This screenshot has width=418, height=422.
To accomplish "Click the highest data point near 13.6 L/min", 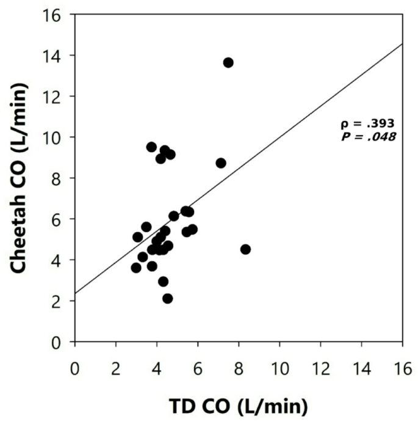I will click(228, 62).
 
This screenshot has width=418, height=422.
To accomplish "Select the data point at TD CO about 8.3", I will click(245, 249).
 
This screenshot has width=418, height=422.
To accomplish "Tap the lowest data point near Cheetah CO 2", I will click(167, 299).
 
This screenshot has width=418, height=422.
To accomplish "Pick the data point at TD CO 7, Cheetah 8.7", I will click(221, 163).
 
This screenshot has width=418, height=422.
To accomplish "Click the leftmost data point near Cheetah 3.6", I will click(136, 267).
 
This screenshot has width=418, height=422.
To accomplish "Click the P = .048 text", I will click(368, 137).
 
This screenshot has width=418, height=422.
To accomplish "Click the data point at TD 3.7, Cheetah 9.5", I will click(151, 147).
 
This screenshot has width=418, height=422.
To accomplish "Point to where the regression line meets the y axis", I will click(75, 293).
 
